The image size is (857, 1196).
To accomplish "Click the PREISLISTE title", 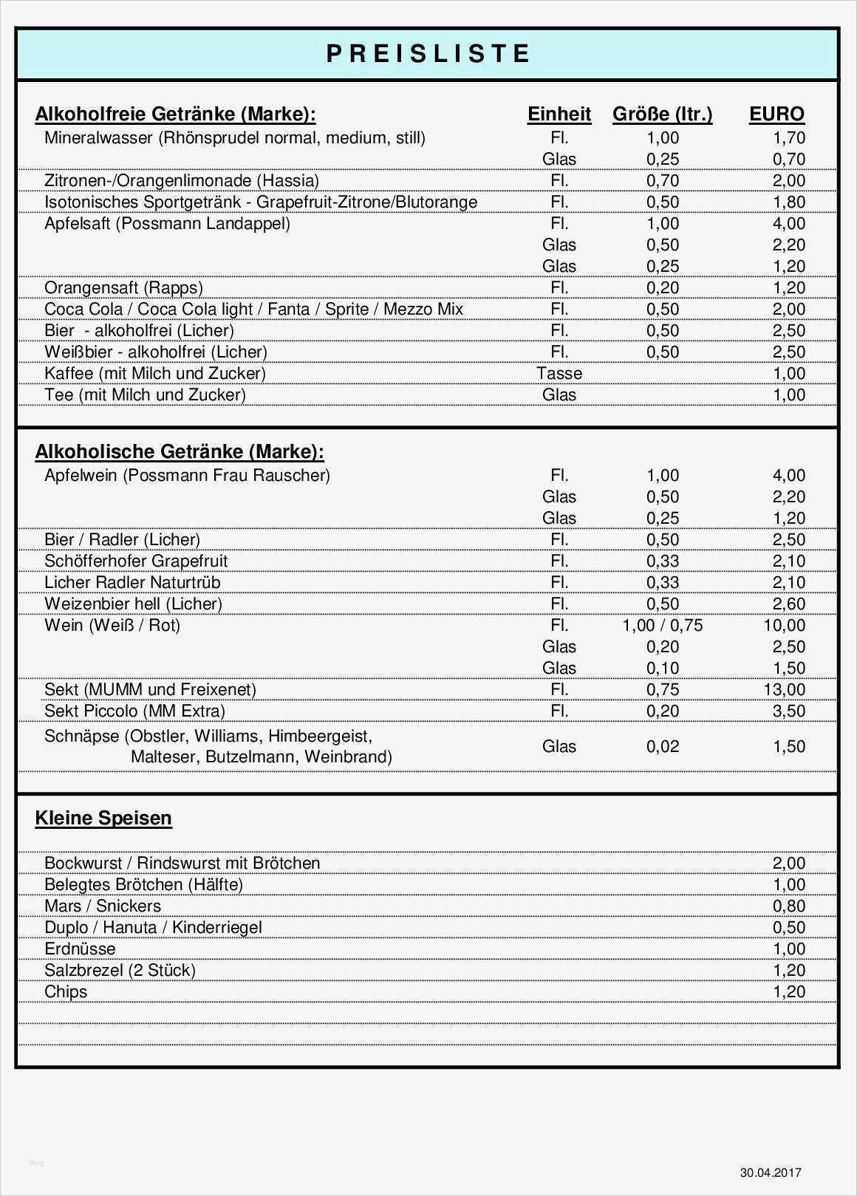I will tap(428, 54).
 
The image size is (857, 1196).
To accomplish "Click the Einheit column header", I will tap(559, 115).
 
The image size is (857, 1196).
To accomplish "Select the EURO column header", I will tap(776, 115).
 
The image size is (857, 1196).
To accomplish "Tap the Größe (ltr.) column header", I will tap(662, 115).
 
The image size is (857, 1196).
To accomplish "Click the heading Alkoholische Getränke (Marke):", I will tap(180, 452).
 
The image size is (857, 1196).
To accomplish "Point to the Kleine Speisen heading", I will tap(103, 819).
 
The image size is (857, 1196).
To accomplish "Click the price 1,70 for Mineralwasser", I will tap(789, 138).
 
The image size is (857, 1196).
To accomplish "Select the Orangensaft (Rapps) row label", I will tap(123, 288).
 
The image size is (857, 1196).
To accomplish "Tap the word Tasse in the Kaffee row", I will tap(559, 374).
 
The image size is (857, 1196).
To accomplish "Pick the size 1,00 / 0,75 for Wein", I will tap(663, 626).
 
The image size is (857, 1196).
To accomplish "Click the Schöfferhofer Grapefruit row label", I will tap(136, 561).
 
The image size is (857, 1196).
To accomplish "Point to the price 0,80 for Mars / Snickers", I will tap(789, 906).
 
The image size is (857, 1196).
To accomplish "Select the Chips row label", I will tap(66, 992).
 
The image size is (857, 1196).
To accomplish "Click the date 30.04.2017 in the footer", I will tap(771, 1173).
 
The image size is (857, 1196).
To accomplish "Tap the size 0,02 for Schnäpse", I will tap(663, 747).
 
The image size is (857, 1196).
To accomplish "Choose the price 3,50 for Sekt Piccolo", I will tap(789, 711).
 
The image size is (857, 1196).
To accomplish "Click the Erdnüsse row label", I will tap(80, 949).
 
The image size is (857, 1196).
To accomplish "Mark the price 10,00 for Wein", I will tap(785, 626).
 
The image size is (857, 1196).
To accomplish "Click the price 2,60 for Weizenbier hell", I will tap(789, 604).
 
